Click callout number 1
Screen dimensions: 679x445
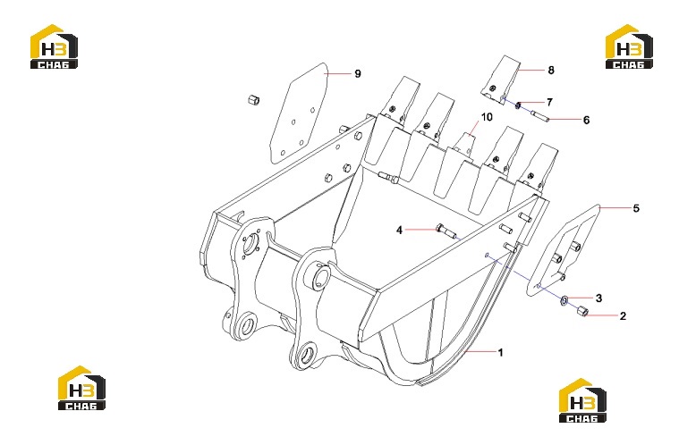click(501, 352)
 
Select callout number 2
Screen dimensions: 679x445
click(623, 316)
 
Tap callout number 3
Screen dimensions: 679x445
click(598, 298)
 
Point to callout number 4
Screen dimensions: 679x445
click(399, 230)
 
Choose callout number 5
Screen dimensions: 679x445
click(636, 208)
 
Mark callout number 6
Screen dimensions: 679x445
click(586, 120)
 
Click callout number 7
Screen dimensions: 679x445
click(549, 102)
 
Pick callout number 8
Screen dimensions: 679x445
click(551, 70)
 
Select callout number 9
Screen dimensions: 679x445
click(358, 74)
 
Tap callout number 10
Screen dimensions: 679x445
click(487, 117)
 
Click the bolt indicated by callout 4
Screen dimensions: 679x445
click(446, 231)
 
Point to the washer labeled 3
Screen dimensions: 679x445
click(564, 300)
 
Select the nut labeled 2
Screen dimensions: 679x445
click(582, 310)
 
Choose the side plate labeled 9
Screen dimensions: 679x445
click(299, 113)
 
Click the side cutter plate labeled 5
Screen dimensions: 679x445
click(563, 250)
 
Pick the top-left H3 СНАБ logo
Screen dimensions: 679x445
click(54, 46)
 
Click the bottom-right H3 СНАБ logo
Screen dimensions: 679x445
click(582, 400)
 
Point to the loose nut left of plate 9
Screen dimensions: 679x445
click(253, 101)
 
